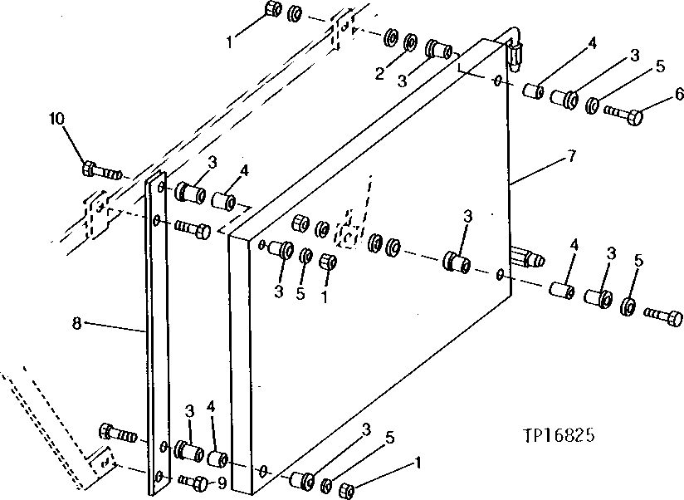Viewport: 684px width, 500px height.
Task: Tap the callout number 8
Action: (77, 323)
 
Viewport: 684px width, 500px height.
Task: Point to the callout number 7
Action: (572, 156)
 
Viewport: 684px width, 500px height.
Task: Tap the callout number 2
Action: (379, 74)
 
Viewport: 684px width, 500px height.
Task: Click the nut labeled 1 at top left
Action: (272, 11)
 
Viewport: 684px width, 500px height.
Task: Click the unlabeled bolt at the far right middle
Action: (665, 316)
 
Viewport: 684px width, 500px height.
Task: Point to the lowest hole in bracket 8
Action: (159, 477)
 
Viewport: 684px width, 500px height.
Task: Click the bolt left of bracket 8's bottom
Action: (115, 432)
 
